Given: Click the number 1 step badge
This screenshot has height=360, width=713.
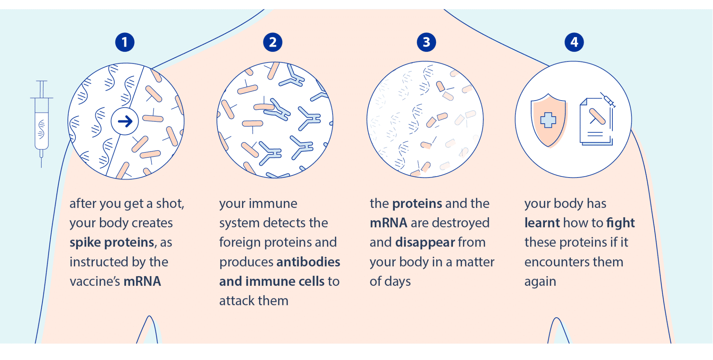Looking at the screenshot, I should pos(125,42).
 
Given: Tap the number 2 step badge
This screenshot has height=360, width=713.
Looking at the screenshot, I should pos(273,42).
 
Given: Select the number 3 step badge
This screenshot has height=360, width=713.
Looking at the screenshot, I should pos(426,42).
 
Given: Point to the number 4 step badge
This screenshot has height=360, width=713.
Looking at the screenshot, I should pos(574,42).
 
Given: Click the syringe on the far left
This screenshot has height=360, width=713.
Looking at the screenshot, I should pos(41,122).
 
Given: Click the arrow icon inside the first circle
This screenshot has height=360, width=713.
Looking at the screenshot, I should pos(125,121).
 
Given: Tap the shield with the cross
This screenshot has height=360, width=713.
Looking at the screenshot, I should pos(548,120).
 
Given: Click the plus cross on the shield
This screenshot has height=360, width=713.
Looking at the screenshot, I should pos(548,120).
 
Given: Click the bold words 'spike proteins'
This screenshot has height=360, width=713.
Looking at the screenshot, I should pos(112,242).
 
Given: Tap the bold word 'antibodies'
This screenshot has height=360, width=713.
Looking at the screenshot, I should pos(308,262).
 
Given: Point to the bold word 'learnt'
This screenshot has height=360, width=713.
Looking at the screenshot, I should pos(542,223).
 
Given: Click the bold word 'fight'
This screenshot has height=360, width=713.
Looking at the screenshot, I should pos(620,223).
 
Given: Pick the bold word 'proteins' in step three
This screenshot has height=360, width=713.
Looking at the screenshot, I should pos(417,203).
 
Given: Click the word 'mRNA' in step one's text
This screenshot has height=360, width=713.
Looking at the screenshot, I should pos(142,281).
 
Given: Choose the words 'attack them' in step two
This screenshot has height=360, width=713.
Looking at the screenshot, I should pos(254,301).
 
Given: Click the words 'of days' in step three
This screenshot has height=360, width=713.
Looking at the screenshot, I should pos(390,281).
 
